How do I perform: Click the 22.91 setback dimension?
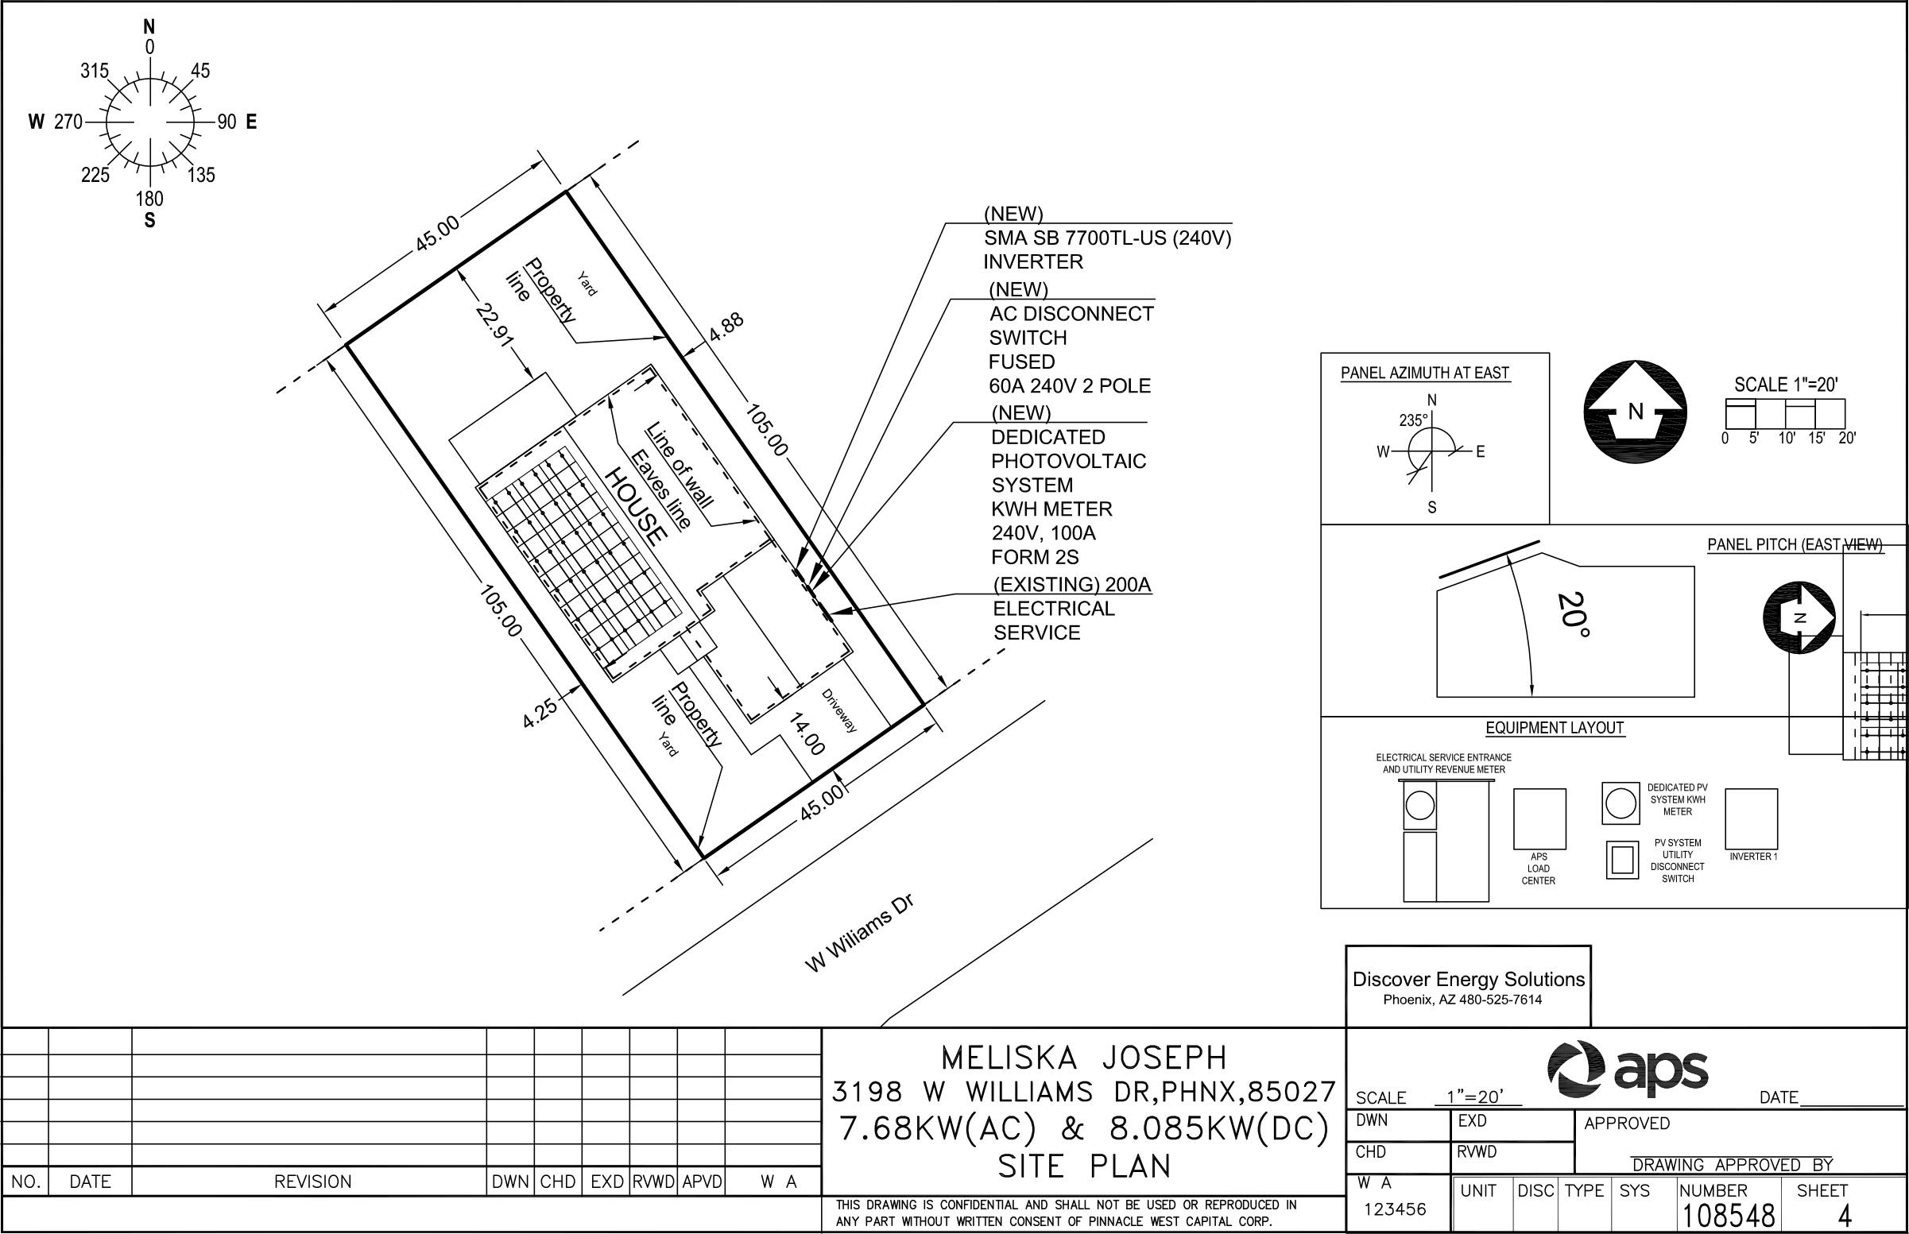pos(494,324)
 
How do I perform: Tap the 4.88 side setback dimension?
pos(726,327)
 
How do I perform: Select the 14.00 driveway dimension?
pos(805,734)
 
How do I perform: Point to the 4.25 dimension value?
pos(540,713)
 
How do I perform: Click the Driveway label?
pos(839,710)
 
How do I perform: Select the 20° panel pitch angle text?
pos(1573,614)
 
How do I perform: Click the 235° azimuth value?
pos(1413,420)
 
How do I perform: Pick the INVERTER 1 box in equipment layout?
pos(1751,819)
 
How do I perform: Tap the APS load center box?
pos(1539,819)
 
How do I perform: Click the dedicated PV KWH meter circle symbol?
pos(1621,803)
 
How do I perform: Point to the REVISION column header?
pos(312,1182)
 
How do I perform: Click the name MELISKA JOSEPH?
pos(1083,1058)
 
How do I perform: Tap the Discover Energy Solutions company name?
pos(1468,979)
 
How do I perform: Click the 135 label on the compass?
pos(202,175)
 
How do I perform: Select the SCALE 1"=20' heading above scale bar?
pos(1786,385)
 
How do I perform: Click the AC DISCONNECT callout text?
pos(1071,314)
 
